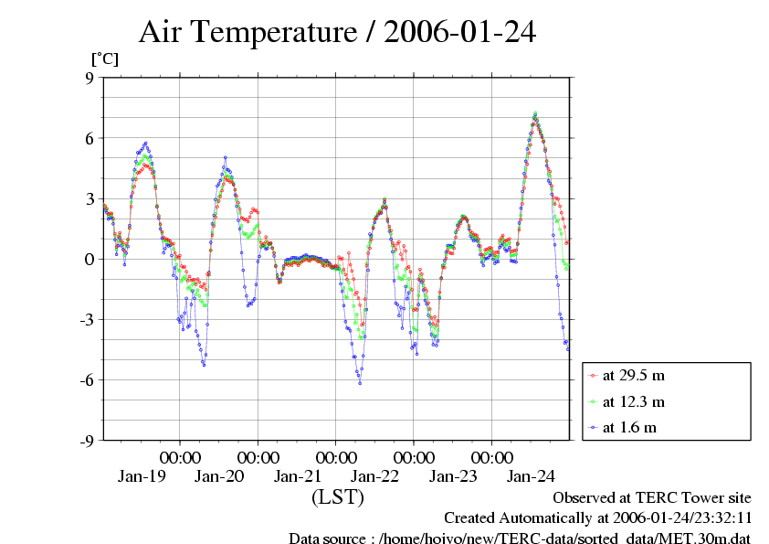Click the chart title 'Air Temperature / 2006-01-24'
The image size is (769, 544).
pos(337,33)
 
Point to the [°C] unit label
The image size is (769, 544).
pos(103,59)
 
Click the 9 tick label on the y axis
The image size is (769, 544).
pos(90,78)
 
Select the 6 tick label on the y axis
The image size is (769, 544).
pos(90,138)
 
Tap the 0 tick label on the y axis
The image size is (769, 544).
pos(90,259)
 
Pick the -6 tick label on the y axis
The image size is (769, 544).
pos(87,379)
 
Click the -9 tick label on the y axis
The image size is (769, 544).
pos(87,440)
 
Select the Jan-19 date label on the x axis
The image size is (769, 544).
pos(142,476)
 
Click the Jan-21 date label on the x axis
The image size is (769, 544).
pos(298,476)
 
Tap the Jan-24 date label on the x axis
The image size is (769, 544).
pos(532,476)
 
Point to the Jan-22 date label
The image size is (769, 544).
pos(375,476)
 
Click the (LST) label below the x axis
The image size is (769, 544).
pos(337,497)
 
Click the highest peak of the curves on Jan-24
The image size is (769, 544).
pos(535,113)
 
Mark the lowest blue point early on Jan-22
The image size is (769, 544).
pos(360,383)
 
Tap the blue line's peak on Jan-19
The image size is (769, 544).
pos(145,144)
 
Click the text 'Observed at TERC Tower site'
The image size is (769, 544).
pos(652,498)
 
